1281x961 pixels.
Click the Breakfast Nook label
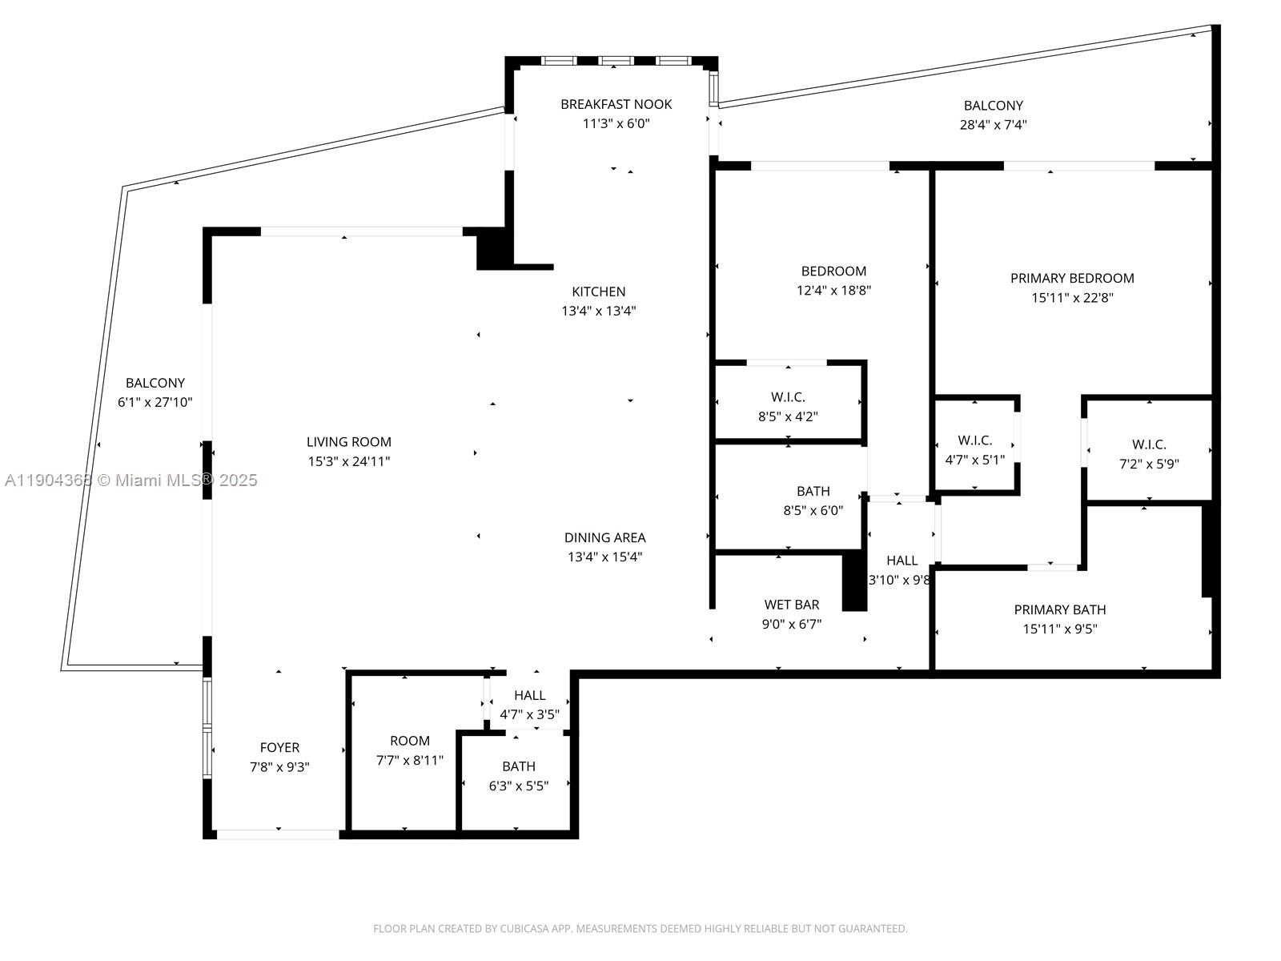[616, 104]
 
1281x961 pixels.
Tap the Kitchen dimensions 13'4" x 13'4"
[598, 311]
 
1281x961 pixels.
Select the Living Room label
[348, 441]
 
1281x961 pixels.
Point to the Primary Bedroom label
[1071, 278]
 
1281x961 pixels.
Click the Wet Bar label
[791, 605]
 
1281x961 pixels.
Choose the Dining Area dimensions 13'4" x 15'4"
[604, 557]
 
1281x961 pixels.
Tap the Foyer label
[279, 747]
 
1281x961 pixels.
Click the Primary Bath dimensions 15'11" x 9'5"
[1059, 629]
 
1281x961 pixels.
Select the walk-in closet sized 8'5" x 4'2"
[788, 406]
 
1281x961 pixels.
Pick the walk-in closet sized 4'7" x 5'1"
[974, 449]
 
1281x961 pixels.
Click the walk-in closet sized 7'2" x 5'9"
[1148, 453]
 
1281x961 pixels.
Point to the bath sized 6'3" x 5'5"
[518, 776]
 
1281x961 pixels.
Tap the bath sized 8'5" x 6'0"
[813, 501]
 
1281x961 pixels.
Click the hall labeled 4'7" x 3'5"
[529, 705]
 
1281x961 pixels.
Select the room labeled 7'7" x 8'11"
[409, 750]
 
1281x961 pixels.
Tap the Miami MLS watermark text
[131, 480]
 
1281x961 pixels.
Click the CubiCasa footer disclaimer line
[640, 929]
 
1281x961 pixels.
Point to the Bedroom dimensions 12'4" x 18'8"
[833, 291]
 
